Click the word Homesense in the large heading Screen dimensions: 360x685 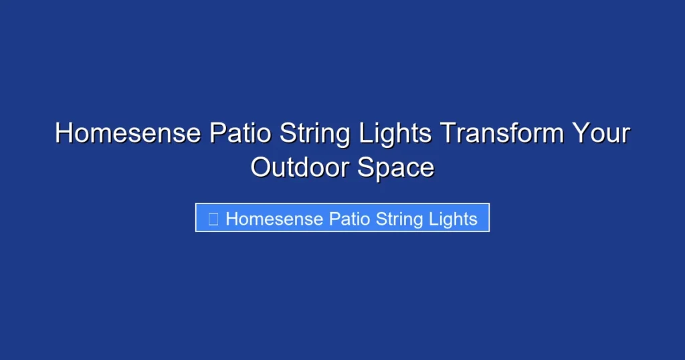(127, 134)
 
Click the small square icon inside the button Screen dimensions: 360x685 (213, 219)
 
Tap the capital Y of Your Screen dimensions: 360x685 (579, 134)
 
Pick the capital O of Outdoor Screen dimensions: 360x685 (262, 167)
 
